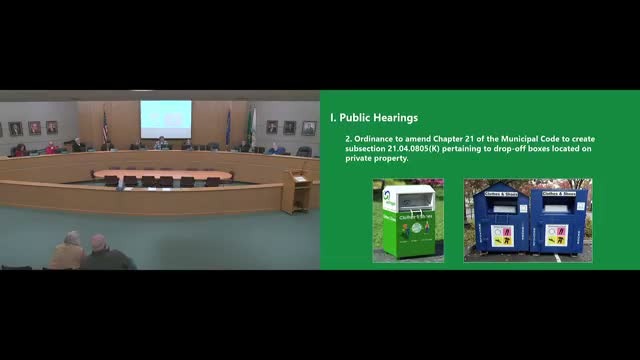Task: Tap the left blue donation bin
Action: [501, 222]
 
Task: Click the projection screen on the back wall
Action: [165, 117]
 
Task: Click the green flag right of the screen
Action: [251, 124]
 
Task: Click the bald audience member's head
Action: [98, 243]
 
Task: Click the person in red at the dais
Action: [51, 148]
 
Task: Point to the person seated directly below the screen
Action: [161, 143]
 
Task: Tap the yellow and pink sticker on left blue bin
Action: [500, 236]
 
